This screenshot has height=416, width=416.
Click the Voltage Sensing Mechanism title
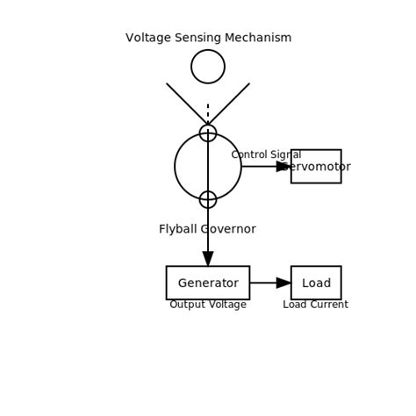click(x=208, y=38)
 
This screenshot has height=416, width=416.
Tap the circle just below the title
click(x=208, y=67)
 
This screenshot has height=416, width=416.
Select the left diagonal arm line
click(x=186, y=104)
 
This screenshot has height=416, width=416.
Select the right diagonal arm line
click(x=230, y=104)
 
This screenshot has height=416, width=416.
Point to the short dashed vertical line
click(x=208, y=113)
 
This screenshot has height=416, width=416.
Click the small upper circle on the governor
click(x=208, y=133)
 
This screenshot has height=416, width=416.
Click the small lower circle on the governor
click(x=208, y=199)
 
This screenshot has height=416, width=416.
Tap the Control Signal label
click(x=266, y=154)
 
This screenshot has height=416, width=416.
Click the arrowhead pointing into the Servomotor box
click(x=283, y=167)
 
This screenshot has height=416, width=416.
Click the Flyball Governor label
click(x=207, y=229)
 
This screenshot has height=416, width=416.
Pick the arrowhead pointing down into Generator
click(x=208, y=259)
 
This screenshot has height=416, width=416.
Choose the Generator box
click(x=208, y=283)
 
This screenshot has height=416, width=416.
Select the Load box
click(x=316, y=283)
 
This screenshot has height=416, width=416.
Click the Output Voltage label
click(x=208, y=305)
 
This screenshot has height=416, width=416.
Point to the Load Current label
click(x=315, y=305)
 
